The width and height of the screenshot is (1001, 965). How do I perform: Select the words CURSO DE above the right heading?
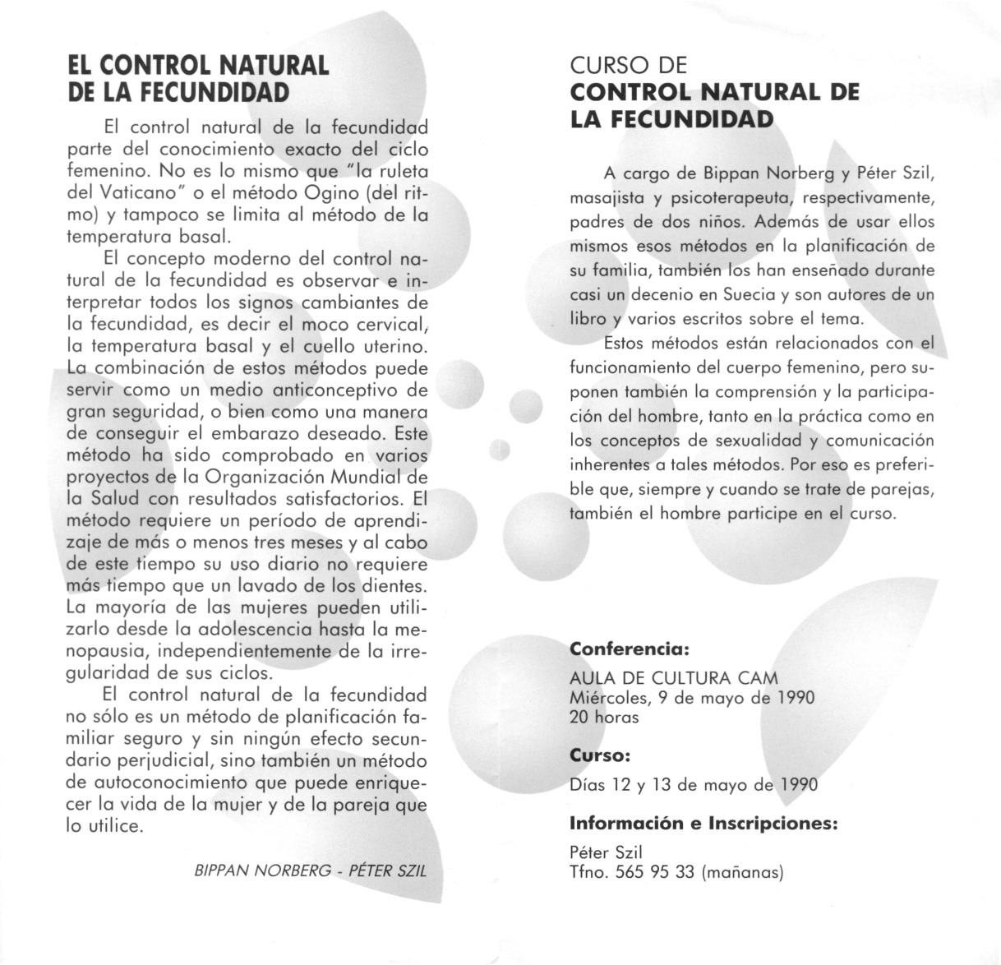(x=629, y=65)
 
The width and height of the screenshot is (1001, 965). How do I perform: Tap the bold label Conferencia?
(x=628, y=649)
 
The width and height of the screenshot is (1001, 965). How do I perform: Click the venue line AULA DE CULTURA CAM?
(x=673, y=679)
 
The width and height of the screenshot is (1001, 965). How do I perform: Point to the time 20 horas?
(x=603, y=717)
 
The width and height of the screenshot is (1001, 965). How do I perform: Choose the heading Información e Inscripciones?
(x=703, y=823)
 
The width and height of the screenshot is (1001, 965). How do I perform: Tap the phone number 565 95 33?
(x=655, y=872)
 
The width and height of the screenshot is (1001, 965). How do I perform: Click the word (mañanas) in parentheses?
(x=743, y=872)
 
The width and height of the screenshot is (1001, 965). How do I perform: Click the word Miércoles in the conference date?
(x=608, y=698)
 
